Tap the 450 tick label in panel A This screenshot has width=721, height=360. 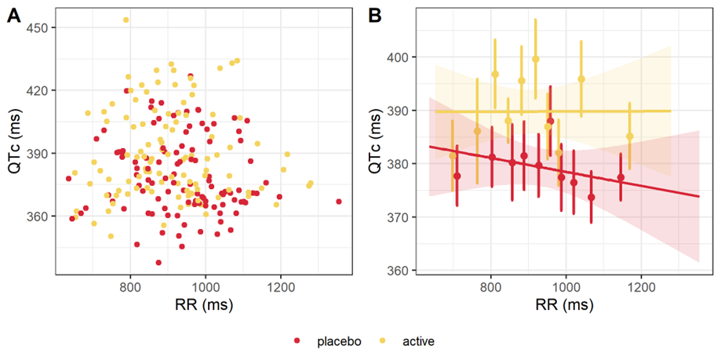39,27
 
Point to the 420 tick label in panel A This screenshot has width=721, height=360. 39,90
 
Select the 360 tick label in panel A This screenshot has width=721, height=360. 39,216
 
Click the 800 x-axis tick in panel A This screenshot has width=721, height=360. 130,287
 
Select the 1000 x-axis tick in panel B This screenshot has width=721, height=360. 566,287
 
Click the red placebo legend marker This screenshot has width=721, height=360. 297,340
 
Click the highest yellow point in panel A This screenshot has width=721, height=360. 126,20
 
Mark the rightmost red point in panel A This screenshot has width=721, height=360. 339,202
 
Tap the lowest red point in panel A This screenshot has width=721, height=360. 158,263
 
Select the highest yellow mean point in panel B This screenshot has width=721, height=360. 536,59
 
